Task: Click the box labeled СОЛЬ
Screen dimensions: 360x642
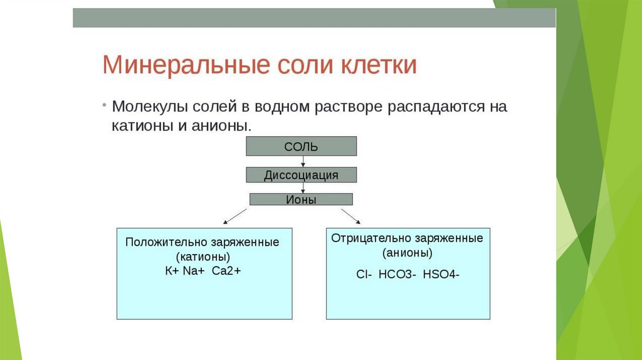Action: tap(302, 147)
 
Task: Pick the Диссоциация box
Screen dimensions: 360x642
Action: tap(302, 175)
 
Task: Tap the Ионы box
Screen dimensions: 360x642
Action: tap(302, 199)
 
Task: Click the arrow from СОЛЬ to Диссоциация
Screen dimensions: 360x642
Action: tap(303, 161)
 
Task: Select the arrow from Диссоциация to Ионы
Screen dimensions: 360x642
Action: tap(303, 187)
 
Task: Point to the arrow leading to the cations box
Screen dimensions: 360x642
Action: tap(234, 215)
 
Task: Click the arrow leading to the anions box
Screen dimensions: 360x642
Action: tap(350, 214)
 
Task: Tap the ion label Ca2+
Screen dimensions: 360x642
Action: tap(226, 271)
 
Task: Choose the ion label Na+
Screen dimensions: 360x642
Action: tap(194, 271)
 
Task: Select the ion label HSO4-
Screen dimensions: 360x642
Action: tap(441, 274)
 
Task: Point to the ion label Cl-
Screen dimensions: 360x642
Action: tap(363, 274)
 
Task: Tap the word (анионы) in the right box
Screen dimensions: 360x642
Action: tap(408, 253)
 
